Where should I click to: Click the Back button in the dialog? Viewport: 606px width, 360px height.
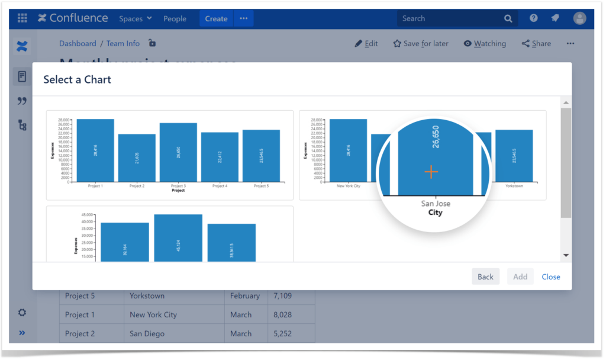(x=485, y=277)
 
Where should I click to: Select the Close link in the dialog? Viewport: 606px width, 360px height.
(x=550, y=277)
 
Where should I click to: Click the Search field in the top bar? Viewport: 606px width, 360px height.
(x=450, y=18)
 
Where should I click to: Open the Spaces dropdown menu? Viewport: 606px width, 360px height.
(x=135, y=18)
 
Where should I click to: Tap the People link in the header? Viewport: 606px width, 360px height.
(x=175, y=18)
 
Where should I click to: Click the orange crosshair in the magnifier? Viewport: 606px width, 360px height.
(x=431, y=172)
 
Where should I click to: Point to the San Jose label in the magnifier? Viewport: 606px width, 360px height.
(x=436, y=203)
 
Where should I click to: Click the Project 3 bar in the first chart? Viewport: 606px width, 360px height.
(x=178, y=152)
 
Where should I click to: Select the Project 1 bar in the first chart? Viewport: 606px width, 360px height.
(x=95, y=150)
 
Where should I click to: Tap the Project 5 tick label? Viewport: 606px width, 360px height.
(x=261, y=186)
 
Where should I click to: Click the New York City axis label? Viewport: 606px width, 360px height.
(x=348, y=186)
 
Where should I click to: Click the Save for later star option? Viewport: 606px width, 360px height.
(x=421, y=43)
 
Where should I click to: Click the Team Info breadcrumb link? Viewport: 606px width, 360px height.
(x=123, y=43)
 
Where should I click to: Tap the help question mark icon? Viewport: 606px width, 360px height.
(x=533, y=18)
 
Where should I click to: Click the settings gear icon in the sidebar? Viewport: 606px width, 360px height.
(x=22, y=312)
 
